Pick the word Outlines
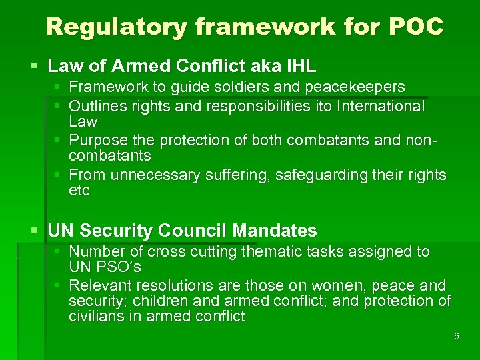click(x=95, y=106)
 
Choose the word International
click(x=382, y=106)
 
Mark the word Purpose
click(x=96, y=141)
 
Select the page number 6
click(x=456, y=336)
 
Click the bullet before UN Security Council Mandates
click(x=35, y=231)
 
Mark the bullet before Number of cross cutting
click(x=58, y=251)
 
